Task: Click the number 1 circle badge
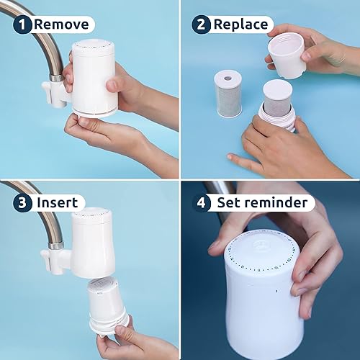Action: coord(22,24)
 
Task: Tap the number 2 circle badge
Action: coord(201,24)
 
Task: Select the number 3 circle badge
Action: coord(22,203)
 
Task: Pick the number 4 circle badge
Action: coord(201,203)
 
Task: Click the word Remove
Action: coord(61,24)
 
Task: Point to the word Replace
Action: coord(240,24)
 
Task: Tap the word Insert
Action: coord(58,203)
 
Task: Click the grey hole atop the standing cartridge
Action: coord(228,78)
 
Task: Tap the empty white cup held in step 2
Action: coord(287,57)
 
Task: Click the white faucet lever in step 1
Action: coord(48,92)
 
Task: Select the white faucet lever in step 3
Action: coord(48,260)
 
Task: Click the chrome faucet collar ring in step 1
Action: coord(56,78)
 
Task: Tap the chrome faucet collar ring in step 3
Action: coord(56,246)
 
